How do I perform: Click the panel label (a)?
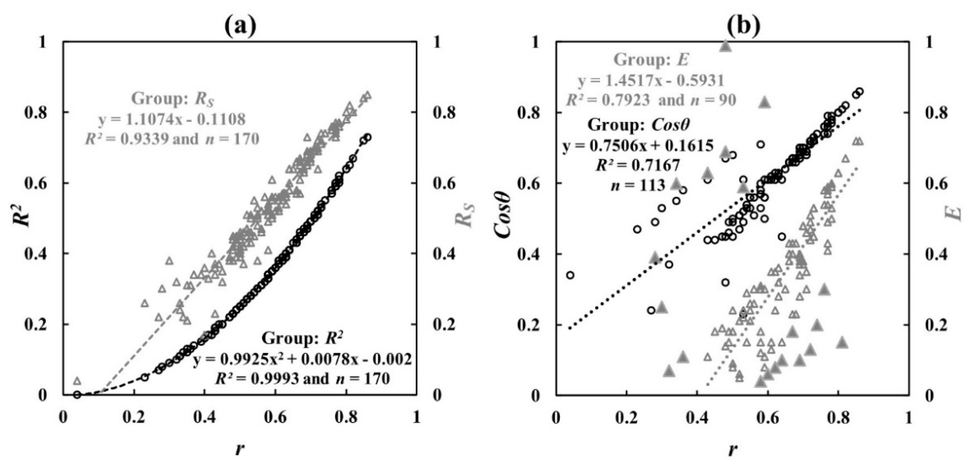tap(240, 26)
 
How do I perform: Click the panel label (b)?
tap(733, 26)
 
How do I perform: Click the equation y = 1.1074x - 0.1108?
tap(172, 119)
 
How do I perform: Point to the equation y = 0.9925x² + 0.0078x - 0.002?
tap(302, 360)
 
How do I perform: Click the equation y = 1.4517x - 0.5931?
tap(651, 80)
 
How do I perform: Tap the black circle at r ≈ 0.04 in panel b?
tap(570, 275)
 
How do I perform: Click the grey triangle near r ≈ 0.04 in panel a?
tap(77, 381)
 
